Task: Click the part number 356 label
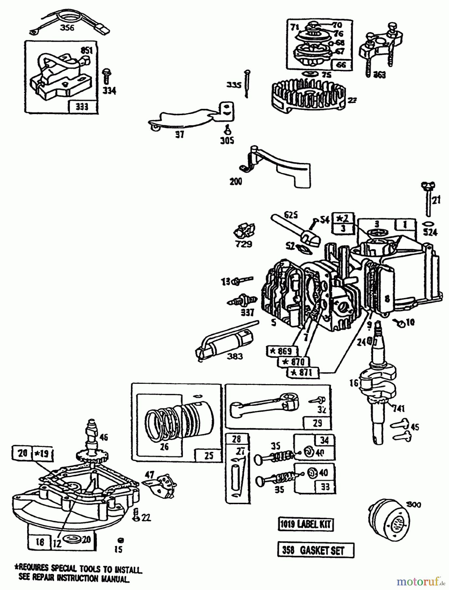(x=67, y=28)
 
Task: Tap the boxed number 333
(x=82, y=107)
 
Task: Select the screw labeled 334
(x=106, y=76)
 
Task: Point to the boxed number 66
(x=341, y=65)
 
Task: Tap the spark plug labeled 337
(x=242, y=300)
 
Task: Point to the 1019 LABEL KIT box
(x=305, y=524)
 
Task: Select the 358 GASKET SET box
(x=315, y=550)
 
